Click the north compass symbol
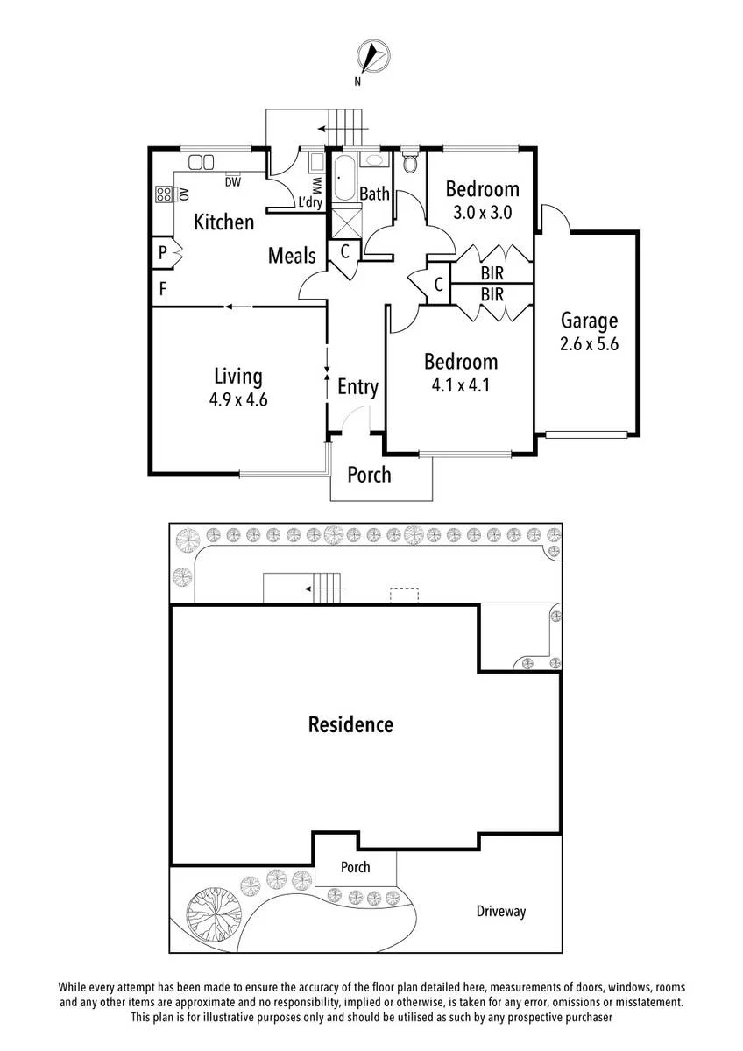tap(373, 57)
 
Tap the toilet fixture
tap(410, 160)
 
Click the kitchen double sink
tap(201, 162)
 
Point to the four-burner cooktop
tap(163, 194)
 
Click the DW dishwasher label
tap(233, 182)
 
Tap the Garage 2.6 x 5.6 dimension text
tap(589, 344)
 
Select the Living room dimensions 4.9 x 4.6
tap(238, 399)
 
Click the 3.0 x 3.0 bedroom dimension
tap(482, 213)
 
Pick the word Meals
tap(292, 256)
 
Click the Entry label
tap(357, 387)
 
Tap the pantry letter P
tap(162, 252)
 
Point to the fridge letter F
tap(163, 288)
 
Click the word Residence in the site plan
tap(350, 724)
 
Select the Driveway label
tap(501, 911)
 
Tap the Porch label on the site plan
tap(356, 867)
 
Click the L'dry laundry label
tap(311, 202)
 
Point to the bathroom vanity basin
tap(374, 159)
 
